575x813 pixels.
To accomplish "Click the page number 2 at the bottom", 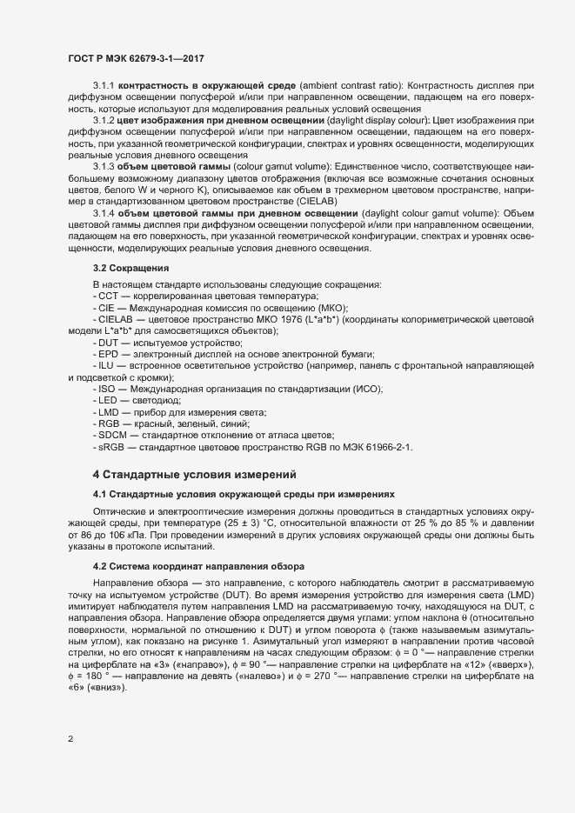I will click(x=70, y=740).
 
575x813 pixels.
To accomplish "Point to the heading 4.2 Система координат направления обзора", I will click(x=198, y=566).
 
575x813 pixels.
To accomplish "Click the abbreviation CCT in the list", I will click(x=110, y=297).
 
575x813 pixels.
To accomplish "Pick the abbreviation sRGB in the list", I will click(x=112, y=447).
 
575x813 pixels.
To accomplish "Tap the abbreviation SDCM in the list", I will click(x=112, y=434).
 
